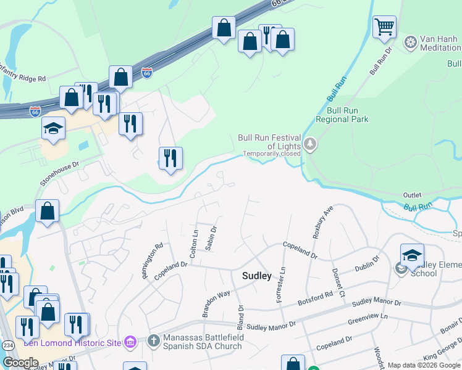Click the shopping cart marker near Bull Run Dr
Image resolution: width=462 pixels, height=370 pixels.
(x=384, y=27)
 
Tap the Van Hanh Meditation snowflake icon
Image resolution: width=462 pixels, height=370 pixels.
(x=410, y=43)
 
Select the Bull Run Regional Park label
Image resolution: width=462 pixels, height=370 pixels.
(x=342, y=115)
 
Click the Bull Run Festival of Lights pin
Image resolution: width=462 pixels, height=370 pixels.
(x=309, y=145)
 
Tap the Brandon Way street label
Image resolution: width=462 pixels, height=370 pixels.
(x=216, y=303)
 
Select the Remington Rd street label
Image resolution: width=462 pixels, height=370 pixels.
(x=153, y=260)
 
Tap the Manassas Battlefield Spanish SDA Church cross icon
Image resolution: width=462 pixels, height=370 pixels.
(x=154, y=340)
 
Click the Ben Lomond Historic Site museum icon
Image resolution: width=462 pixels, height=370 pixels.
(x=130, y=342)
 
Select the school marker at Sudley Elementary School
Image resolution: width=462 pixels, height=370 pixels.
(x=412, y=255)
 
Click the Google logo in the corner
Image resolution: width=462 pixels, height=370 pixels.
(x=20, y=363)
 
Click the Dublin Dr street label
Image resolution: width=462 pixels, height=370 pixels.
(x=367, y=264)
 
